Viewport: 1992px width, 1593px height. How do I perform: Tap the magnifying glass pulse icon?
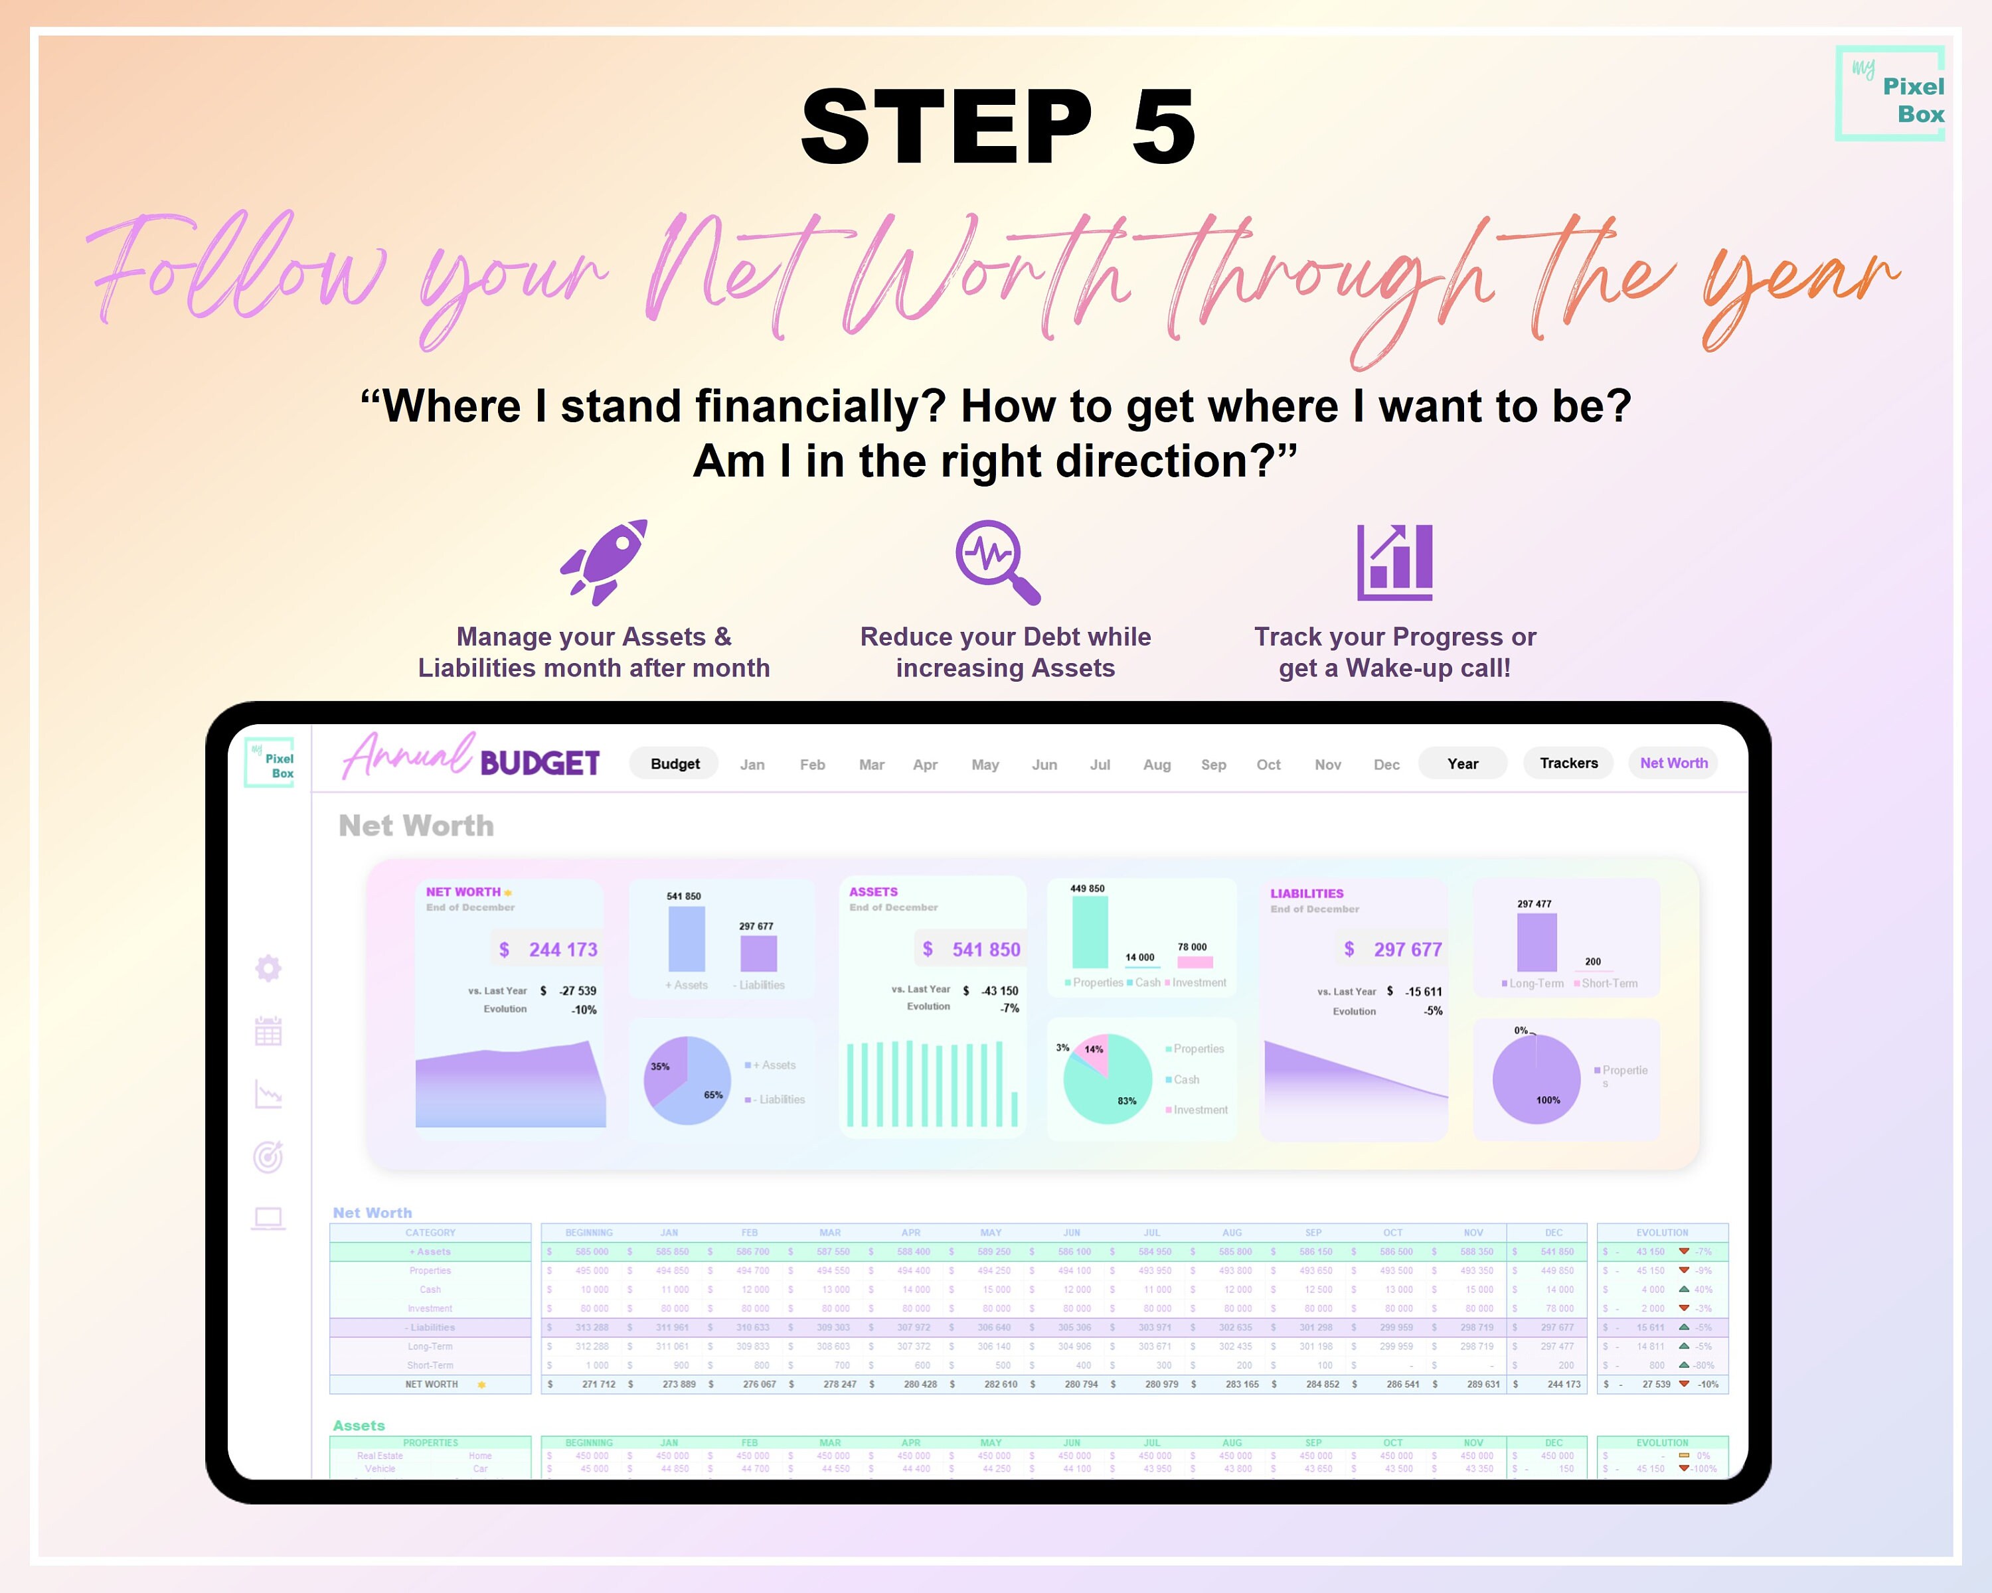click(x=996, y=561)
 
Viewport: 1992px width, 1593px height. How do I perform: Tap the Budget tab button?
click(x=675, y=764)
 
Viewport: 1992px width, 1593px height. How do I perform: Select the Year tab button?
click(x=1463, y=764)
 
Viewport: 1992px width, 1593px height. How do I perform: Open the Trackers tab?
click(x=1568, y=763)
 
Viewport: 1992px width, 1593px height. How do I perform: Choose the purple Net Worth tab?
click(x=1673, y=763)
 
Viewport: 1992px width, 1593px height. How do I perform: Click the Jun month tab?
click(x=1044, y=765)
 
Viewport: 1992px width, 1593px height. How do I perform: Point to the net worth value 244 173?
click(x=562, y=949)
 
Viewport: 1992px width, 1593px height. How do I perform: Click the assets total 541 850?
click(x=986, y=949)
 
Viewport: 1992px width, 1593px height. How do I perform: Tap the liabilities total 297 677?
click(x=1407, y=949)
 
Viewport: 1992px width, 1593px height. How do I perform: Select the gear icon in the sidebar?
click(x=268, y=968)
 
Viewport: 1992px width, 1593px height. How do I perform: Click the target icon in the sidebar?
click(x=268, y=1156)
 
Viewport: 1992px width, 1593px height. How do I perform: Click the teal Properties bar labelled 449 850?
click(x=1090, y=932)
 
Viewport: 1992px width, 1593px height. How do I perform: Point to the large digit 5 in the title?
click(x=1162, y=127)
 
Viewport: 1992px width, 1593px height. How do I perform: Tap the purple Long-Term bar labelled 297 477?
click(x=1536, y=942)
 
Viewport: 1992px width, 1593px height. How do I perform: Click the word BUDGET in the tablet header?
click(x=540, y=764)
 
